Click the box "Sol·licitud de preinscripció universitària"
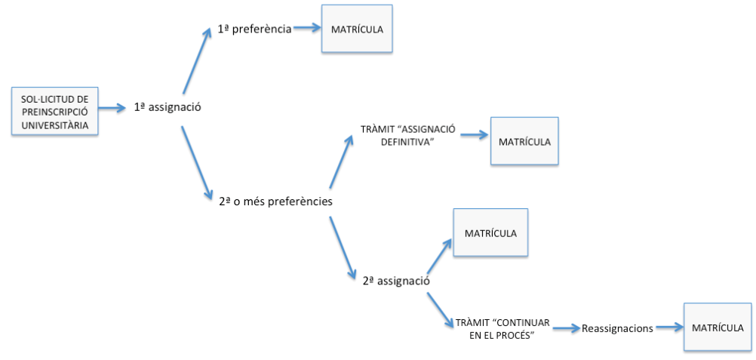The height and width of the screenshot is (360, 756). [x=55, y=111]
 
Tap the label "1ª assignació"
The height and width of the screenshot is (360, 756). [x=167, y=107]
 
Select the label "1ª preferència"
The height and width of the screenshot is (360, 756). [x=254, y=29]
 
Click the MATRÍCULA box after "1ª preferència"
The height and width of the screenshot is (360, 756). [x=357, y=29]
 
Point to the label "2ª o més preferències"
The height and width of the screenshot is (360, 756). [x=271, y=202]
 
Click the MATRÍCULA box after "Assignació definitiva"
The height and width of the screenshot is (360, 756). [x=524, y=141]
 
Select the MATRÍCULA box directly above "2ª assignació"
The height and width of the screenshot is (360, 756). [x=490, y=233]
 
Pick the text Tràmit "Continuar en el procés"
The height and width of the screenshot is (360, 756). [x=502, y=328]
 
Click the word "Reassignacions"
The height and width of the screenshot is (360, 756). [x=617, y=328]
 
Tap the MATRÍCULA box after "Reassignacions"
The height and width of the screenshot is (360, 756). [x=717, y=327]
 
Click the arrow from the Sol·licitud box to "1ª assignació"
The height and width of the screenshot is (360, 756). [x=114, y=108]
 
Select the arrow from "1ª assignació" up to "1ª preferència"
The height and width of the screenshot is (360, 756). [x=195, y=60]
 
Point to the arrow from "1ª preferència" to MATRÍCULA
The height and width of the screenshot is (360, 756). [x=307, y=29]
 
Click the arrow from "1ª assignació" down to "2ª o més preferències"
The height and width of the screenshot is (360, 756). [x=195, y=162]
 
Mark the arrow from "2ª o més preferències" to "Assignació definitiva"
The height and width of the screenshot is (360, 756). [x=341, y=161]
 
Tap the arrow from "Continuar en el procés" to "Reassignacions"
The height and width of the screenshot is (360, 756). [x=565, y=328]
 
